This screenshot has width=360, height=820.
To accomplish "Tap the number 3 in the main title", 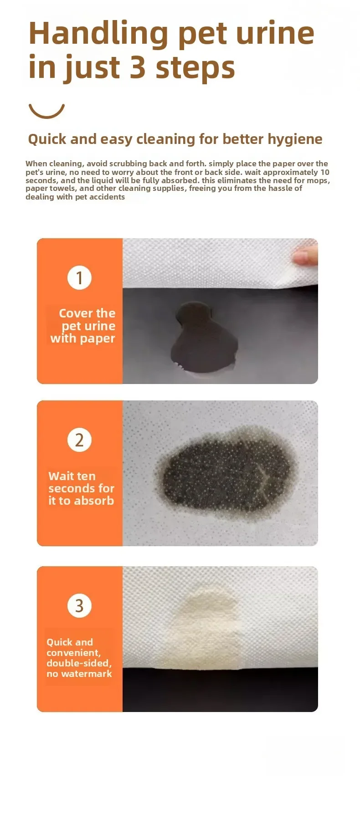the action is (x=138, y=67).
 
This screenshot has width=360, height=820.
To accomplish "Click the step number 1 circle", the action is (x=80, y=278).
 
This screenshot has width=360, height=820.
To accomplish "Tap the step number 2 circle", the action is (x=80, y=440).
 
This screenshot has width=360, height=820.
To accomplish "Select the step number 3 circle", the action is (x=80, y=606).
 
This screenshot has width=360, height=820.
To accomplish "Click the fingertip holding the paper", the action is (x=306, y=255).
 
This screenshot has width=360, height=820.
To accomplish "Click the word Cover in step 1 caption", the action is (x=76, y=313).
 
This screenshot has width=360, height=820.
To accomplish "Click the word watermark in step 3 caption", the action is (x=86, y=674).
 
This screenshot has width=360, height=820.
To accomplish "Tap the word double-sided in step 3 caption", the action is (x=79, y=663).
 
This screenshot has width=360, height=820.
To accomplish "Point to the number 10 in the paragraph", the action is (x=325, y=172).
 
